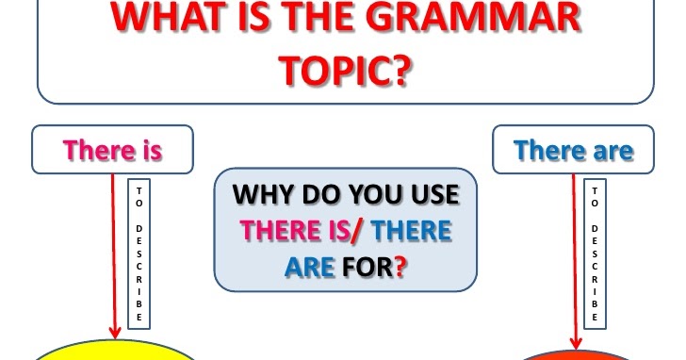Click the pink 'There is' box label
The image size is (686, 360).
click(112, 150)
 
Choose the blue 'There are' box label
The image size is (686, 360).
click(574, 150)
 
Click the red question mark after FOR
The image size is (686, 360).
click(401, 267)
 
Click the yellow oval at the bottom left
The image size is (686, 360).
click(113, 352)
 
